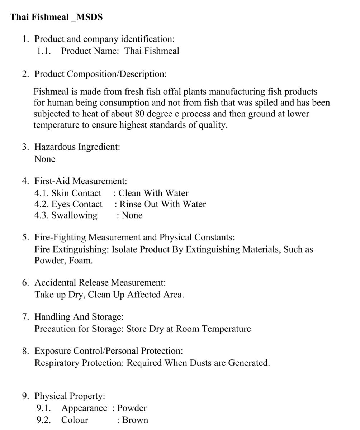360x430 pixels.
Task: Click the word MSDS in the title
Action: coord(89,17)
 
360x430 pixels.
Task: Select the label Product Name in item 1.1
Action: coord(90,51)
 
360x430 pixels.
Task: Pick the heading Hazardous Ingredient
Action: coord(77,147)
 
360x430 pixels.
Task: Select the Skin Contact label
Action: coord(76,193)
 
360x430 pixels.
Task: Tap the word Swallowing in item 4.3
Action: coord(74,215)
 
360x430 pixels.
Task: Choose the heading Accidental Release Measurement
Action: coord(100,282)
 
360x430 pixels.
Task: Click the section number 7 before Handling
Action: coord(25,317)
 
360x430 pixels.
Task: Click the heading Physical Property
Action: coord(70,396)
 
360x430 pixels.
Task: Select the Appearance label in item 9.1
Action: coord(84,408)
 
